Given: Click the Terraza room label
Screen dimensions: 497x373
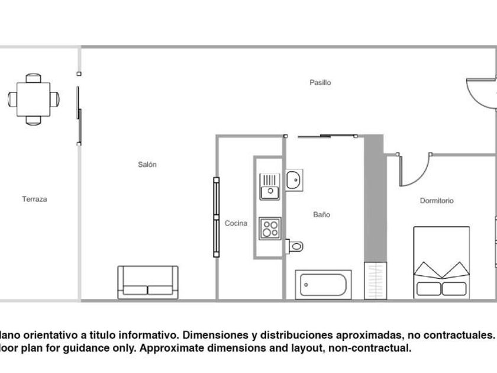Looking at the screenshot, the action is pos(34,200).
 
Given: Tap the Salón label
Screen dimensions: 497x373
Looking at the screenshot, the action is pos(147,165).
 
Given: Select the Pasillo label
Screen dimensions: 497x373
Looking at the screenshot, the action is pos(320,83).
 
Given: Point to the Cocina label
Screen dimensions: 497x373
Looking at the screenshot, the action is pos(236,223).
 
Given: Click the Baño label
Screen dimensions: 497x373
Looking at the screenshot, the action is pos(322,215).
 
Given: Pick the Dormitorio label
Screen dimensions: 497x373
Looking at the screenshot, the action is pos(437,201).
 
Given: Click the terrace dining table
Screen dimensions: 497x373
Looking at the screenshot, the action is pos(34,98).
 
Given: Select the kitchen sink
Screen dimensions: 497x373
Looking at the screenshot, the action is pos(269,185).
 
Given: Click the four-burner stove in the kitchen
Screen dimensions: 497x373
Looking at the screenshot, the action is pos(270,229).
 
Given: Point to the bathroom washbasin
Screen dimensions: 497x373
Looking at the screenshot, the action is pos(294,179).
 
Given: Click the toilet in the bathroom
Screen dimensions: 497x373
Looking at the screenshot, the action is pos(294,245).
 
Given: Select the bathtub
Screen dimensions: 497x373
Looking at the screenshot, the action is pos(323,285).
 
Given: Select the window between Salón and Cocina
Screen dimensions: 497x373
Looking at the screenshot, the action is pos(216,217).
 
